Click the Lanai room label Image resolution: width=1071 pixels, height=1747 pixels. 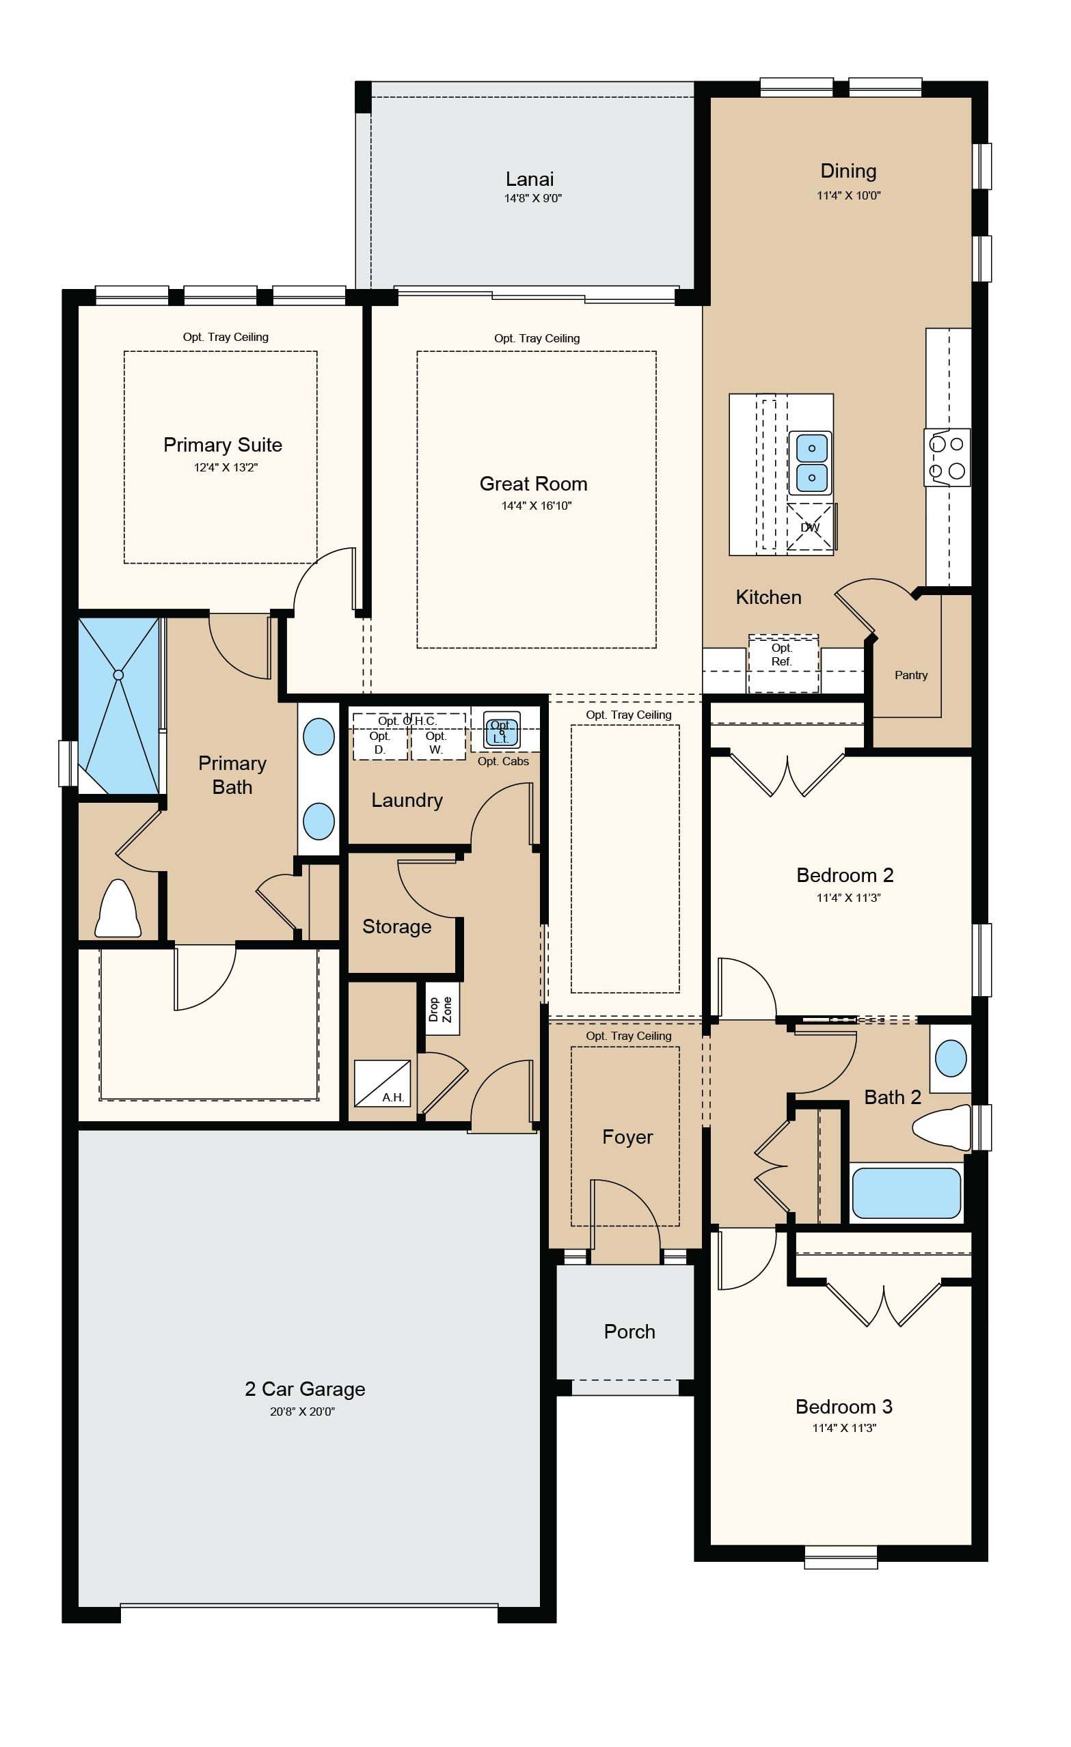click(529, 179)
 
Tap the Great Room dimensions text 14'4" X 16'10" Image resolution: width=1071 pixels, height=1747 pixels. click(537, 506)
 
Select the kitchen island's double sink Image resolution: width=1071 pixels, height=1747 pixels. click(811, 463)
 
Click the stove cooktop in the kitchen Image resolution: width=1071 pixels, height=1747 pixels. click(947, 457)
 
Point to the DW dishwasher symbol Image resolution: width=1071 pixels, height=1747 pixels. click(810, 527)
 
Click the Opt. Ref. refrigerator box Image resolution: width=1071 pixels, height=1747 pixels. click(783, 663)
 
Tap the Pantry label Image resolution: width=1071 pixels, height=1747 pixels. click(910, 675)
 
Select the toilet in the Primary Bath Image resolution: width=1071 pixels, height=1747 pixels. click(118, 908)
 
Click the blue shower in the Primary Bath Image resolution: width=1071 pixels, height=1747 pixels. click(118, 706)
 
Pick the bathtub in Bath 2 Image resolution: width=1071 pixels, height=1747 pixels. click(906, 1194)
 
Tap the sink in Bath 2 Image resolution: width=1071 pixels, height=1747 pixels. click(951, 1058)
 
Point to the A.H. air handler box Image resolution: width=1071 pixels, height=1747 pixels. click(381, 1083)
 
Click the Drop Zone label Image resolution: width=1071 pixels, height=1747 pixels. click(439, 1009)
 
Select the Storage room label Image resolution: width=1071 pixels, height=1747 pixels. click(396, 926)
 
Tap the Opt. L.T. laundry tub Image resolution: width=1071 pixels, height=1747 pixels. click(502, 730)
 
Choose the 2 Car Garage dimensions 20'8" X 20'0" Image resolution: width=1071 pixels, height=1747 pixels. click(302, 1411)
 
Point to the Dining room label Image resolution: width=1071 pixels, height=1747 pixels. click(848, 171)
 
